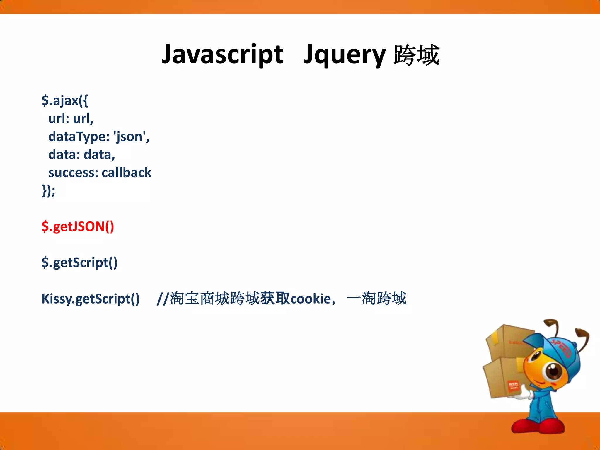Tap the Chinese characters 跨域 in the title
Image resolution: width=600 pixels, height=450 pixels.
(x=416, y=55)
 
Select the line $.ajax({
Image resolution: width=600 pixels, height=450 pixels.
(x=64, y=100)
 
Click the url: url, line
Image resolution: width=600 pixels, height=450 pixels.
(x=71, y=119)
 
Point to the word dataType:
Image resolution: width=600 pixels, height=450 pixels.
(x=79, y=137)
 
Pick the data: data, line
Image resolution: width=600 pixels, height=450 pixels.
(x=81, y=155)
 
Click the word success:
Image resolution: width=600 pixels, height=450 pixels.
(x=73, y=173)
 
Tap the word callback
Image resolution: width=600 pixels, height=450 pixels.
(x=126, y=173)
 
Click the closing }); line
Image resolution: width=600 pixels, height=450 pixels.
(x=48, y=191)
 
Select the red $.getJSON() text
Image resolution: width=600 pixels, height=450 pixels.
(x=78, y=226)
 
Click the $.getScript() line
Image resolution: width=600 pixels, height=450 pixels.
(x=79, y=262)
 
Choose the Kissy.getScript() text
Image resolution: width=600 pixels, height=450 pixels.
(x=91, y=299)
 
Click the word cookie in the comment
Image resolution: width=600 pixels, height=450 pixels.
(x=310, y=299)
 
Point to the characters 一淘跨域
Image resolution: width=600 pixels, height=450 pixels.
(x=376, y=298)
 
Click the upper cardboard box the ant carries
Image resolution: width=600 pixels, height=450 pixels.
(x=508, y=341)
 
